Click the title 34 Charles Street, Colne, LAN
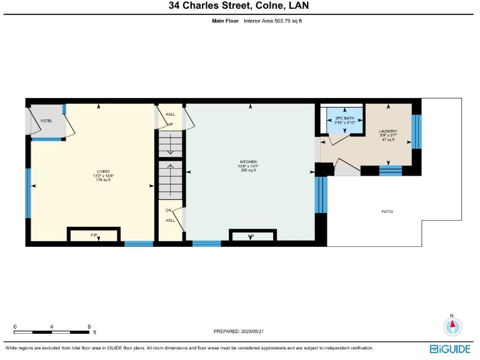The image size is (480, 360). point(239,6)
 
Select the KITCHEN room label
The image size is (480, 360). point(248,162)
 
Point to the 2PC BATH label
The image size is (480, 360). point(345,118)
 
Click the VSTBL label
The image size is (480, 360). point(46,120)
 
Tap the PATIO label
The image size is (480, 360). point(387,212)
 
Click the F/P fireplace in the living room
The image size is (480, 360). point(93,235)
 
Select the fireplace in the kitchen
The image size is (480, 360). point(251,236)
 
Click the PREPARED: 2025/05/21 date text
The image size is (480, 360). point(243,331)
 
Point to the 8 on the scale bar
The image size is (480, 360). point(89,326)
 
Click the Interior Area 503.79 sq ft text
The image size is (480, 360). point(277,21)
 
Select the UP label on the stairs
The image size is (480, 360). point(169,124)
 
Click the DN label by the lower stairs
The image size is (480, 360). point(169,211)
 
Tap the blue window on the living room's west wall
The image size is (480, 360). point(27,193)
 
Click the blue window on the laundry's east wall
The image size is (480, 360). point(417,131)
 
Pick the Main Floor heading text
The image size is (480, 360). point(224,21)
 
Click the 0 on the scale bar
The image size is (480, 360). point(15,326)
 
